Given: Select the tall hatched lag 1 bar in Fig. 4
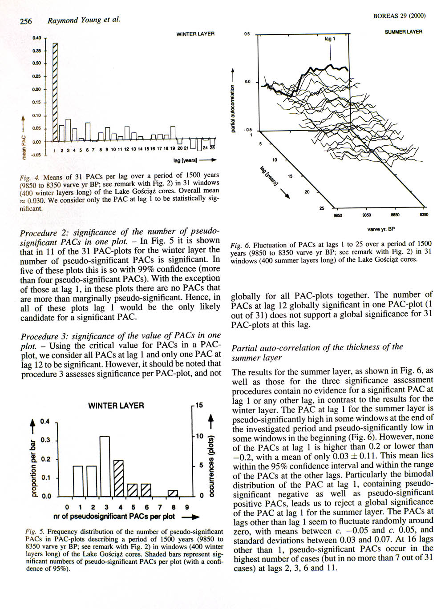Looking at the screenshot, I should pyautogui.click(x=56, y=91).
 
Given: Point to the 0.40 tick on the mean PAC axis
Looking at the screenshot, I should pyautogui.click(x=37, y=38).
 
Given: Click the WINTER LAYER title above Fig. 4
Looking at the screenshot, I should pyautogui.click(x=195, y=34).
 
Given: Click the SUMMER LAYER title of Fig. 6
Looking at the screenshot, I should pyautogui.click(x=403, y=32).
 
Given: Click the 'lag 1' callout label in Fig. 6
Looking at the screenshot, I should pyautogui.click(x=330, y=39).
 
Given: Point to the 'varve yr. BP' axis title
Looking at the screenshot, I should pyautogui.click(x=381, y=229).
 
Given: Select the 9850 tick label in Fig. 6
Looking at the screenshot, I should pyautogui.click(x=337, y=215).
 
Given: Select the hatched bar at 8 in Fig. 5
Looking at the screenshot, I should pyautogui.click(x=173, y=493).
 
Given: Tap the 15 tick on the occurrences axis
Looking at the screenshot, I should pyautogui.click(x=199, y=405).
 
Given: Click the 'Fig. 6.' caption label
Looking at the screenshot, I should pyautogui.click(x=241, y=245).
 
